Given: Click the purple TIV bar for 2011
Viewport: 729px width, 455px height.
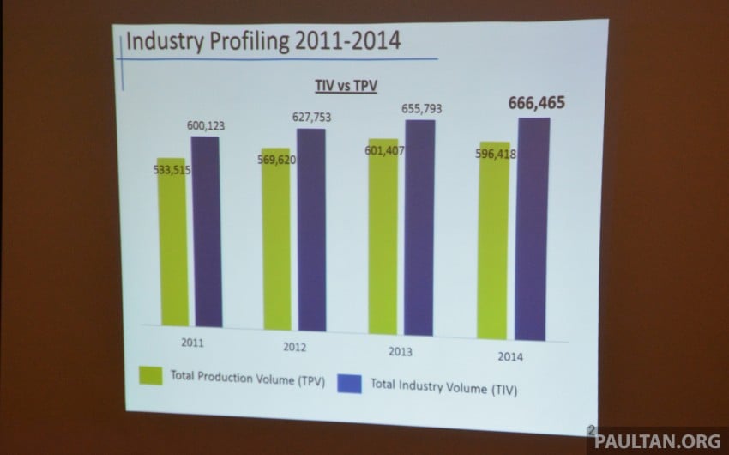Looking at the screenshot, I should coord(206,232).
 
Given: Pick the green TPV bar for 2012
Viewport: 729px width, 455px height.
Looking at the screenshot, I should coord(276,240).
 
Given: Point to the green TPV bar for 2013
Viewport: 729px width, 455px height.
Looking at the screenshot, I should coord(383,236).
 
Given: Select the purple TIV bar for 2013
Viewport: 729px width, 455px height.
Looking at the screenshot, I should coord(419,227).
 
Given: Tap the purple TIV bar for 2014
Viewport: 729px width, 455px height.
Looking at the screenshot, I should coord(533,227).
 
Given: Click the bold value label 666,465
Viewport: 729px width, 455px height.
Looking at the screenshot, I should coord(542,104).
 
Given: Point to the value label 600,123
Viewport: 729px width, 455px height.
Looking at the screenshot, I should coord(209,126).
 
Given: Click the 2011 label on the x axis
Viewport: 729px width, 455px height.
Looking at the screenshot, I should coord(192,342).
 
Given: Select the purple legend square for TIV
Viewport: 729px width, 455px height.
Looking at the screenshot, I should coord(352,383).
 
